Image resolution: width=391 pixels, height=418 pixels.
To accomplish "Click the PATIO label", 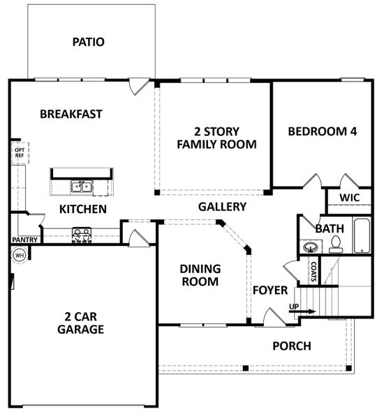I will point(89,42).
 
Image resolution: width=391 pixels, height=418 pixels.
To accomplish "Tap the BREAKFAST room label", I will point(71,114).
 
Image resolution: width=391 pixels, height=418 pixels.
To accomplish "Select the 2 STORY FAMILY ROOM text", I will point(216,138).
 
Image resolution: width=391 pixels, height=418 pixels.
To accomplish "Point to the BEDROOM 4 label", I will point(323,131).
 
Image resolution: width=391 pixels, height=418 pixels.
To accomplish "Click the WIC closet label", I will point(349,198).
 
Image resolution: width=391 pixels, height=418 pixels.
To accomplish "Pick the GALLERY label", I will point(222,207).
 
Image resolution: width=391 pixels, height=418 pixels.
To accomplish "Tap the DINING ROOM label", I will point(200,275).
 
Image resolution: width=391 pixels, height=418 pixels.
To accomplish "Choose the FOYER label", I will point(270,290).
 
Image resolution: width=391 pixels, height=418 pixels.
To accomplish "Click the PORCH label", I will point(292,346).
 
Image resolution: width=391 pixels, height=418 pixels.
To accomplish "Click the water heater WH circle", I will point(20,255).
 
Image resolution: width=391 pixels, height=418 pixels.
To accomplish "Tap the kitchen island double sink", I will point(82,187).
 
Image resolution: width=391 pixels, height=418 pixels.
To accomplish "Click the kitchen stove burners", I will point(82,235).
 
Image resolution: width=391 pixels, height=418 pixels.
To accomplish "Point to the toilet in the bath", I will point(336,244).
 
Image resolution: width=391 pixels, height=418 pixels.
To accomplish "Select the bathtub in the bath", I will point(362,237).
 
